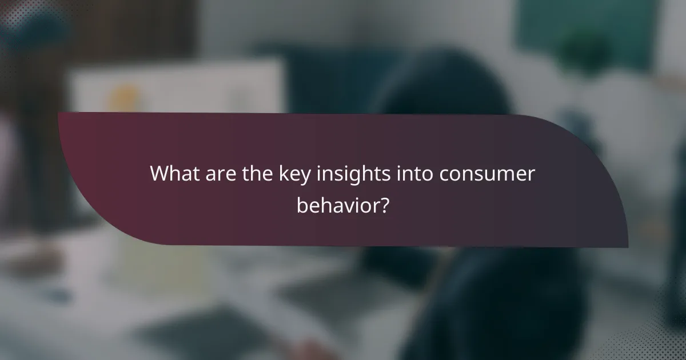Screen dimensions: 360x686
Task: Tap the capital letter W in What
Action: point(159,174)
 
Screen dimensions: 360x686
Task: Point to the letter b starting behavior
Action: point(301,205)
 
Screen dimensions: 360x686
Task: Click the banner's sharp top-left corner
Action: point(59,113)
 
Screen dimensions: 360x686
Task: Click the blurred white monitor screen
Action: point(177,86)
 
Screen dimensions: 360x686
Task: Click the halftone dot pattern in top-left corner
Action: point(17,17)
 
